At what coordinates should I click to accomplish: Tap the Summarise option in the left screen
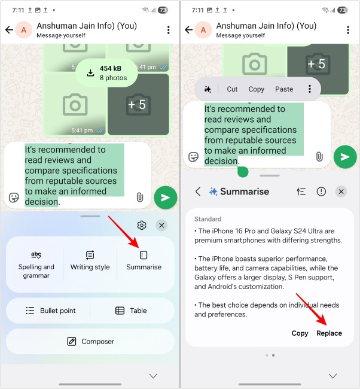pyautogui.click(x=144, y=261)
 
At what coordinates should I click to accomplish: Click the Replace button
pyautogui.click(x=329, y=333)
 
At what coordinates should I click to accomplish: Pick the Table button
pyautogui.click(x=130, y=311)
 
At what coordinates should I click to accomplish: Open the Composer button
pyautogui.click(x=90, y=342)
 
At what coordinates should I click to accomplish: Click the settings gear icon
pyautogui.click(x=142, y=226)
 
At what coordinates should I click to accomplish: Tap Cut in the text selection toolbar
pyautogui.click(x=232, y=89)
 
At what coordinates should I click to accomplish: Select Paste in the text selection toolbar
pyautogui.click(x=284, y=89)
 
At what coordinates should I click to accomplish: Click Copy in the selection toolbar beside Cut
pyautogui.click(x=257, y=89)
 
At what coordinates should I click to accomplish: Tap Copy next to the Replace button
pyautogui.click(x=300, y=333)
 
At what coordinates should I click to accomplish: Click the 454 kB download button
pyautogui.click(x=106, y=73)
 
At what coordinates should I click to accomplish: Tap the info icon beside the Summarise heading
pyautogui.click(x=321, y=192)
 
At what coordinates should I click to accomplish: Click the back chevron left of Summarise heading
pyautogui.click(x=198, y=192)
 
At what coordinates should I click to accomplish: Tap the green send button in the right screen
pyautogui.click(x=345, y=157)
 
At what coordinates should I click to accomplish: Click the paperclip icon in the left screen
pyautogui.click(x=139, y=197)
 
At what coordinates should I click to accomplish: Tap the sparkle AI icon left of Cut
pyautogui.click(x=208, y=89)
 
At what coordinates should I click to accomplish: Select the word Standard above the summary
pyautogui.click(x=208, y=219)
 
